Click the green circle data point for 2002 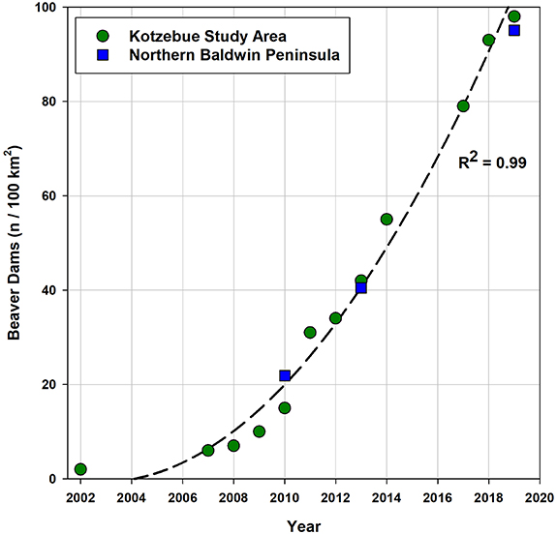[80, 469]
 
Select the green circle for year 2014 [387, 220]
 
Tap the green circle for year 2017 [463, 106]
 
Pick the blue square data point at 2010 [285, 375]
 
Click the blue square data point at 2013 [361, 288]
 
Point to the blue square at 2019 [514, 31]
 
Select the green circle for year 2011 [310, 333]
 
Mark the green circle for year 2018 [488, 41]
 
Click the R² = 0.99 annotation [492, 163]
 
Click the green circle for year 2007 [207, 451]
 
